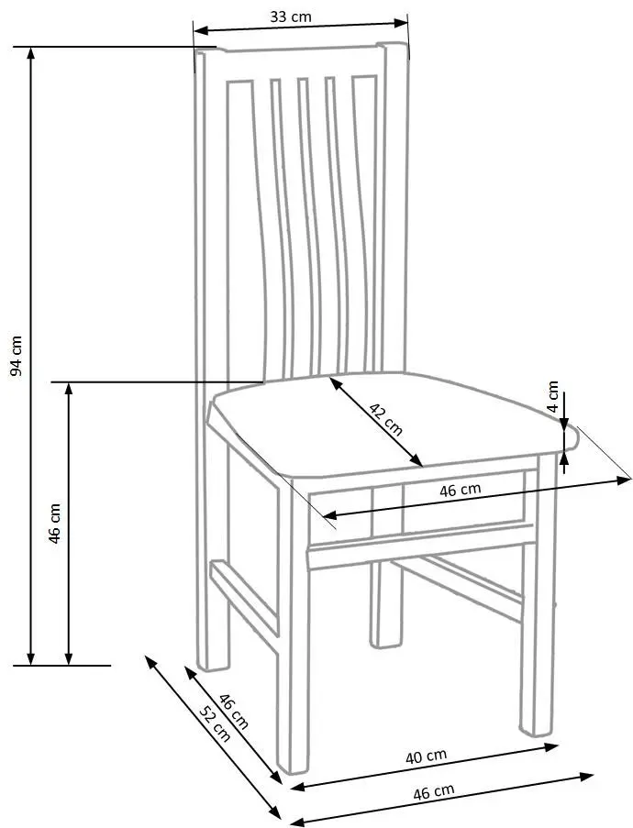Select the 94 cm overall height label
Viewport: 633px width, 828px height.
[17, 356]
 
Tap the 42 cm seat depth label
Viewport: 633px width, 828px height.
[385, 419]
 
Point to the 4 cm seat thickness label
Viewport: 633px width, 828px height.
[552, 396]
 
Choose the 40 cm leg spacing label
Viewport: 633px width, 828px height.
[426, 756]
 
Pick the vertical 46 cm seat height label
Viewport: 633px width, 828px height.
[54, 524]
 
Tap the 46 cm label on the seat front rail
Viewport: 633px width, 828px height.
[461, 490]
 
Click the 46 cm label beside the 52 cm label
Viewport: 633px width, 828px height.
[233, 711]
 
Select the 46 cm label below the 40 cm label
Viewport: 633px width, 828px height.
[433, 792]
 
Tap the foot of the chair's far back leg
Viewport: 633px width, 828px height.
[385, 640]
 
